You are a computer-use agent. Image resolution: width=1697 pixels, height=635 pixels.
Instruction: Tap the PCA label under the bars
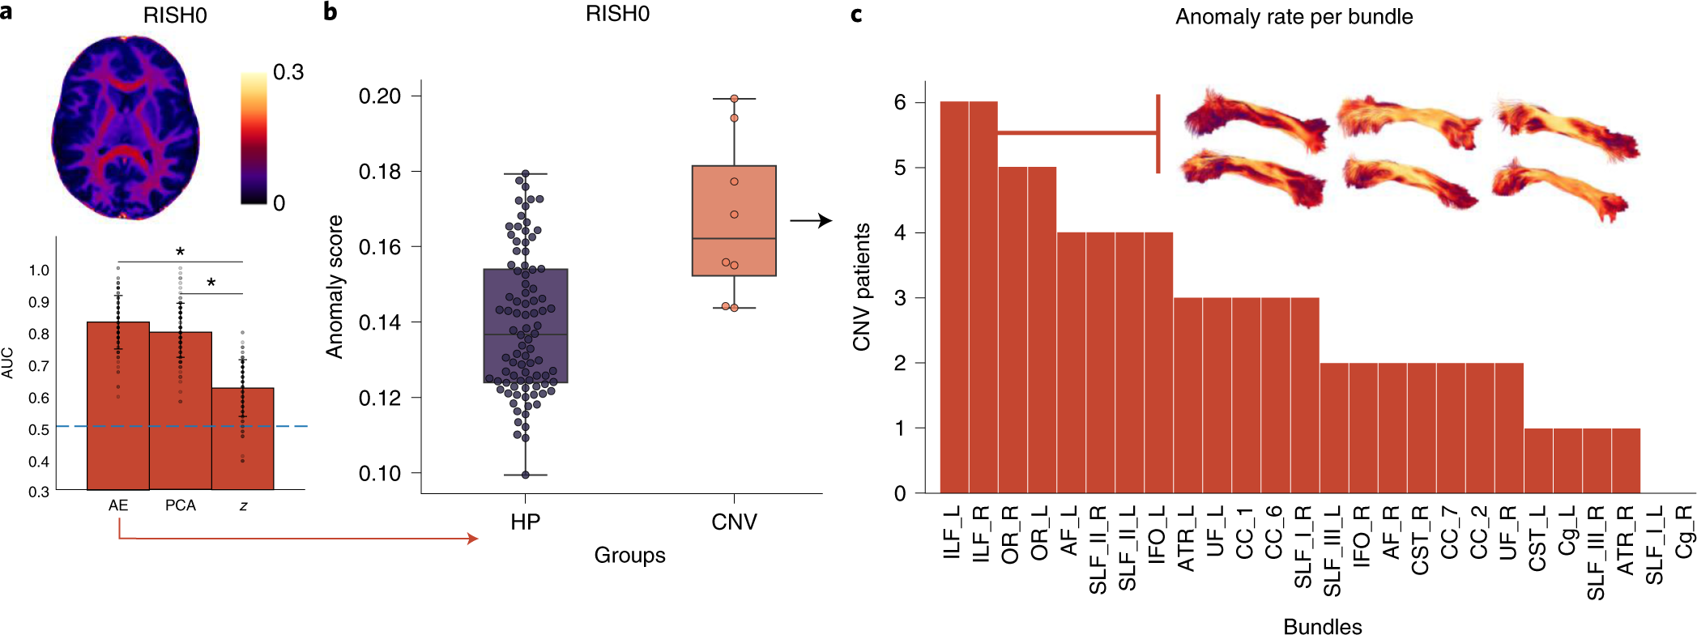point(181,505)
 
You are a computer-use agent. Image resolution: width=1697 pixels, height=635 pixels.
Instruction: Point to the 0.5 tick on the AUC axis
point(39,429)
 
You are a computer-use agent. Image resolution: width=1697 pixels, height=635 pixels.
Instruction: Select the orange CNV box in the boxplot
point(734,220)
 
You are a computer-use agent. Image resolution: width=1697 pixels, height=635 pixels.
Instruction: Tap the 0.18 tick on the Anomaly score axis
point(380,172)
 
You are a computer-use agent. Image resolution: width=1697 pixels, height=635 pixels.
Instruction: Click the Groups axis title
point(629,556)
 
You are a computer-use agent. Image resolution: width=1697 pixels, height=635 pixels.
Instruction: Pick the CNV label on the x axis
point(734,522)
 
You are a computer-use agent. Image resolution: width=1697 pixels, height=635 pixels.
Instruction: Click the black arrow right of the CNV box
point(811,220)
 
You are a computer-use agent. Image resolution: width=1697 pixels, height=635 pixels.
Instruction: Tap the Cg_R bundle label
point(1683,531)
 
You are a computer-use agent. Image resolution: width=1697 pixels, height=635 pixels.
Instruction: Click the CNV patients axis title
point(861,287)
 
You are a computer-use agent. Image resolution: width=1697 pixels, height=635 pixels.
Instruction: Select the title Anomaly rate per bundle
point(1294,17)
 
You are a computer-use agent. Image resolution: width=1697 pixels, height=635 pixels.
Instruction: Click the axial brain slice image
point(126,127)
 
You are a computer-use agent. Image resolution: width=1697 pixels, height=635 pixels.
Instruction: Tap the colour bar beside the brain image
point(254,138)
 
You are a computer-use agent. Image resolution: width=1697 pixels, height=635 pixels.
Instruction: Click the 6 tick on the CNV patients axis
point(900,102)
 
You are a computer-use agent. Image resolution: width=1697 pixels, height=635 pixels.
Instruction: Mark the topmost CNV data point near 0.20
point(734,99)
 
